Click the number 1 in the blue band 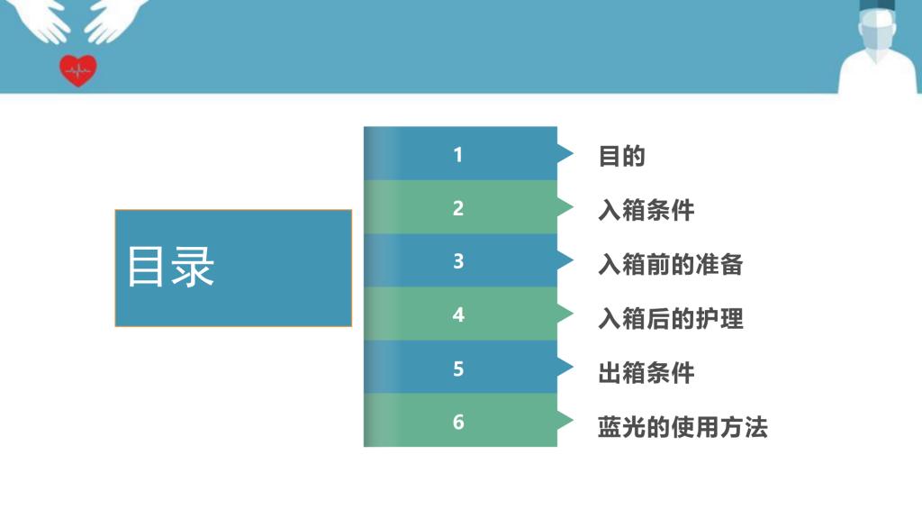tap(458, 155)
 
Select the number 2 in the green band tap(458, 208)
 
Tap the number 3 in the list tap(458, 261)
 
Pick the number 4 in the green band tap(458, 314)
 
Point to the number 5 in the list tap(458, 369)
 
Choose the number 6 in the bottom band tap(458, 422)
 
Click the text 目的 tap(621, 157)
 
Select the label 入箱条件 tap(646, 210)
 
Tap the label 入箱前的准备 tap(670, 264)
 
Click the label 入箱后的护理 tap(670, 318)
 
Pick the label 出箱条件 tap(646, 373)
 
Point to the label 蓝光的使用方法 tap(682, 427)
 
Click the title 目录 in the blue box tap(170, 267)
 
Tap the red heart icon tap(78, 70)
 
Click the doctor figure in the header tap(877, 47)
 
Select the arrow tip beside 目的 tap(573, 153)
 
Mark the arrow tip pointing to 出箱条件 tap(573, 368)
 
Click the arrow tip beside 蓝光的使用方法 tap(573, 420)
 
